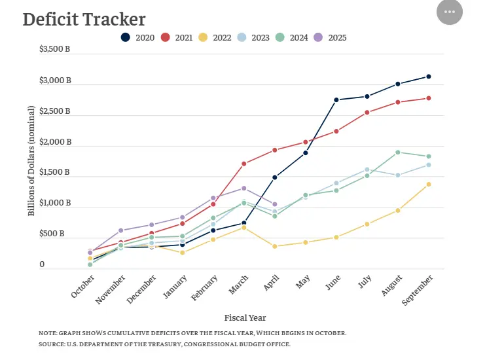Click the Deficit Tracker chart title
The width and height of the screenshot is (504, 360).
click(84, 20)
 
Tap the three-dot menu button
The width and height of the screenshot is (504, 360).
click(449, 12)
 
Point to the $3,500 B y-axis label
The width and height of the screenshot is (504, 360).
click(55, 49)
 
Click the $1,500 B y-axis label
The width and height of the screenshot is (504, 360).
click(55, 172)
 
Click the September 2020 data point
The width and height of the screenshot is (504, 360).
click(428, 77)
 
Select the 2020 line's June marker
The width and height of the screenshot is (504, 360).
click(336, 100)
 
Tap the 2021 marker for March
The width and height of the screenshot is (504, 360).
click(244, 164)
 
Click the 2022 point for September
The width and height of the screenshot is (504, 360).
click(428, 185)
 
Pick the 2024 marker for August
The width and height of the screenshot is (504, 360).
click(397, 153)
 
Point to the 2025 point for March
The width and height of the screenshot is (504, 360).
click(244, 189)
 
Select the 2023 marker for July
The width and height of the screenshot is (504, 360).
click(367, 170)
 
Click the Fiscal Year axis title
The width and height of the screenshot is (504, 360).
click(245, 318)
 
